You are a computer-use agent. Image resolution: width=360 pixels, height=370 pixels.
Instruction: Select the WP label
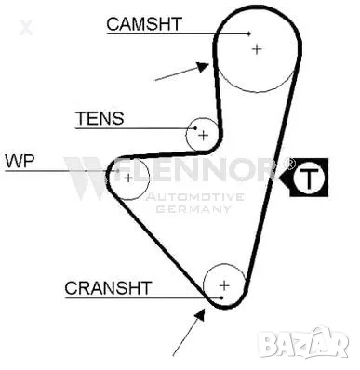point(20,160)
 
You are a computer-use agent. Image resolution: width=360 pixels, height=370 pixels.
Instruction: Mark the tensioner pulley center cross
point(202,136)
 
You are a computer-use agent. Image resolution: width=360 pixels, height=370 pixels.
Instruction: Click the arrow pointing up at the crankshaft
point(187,331)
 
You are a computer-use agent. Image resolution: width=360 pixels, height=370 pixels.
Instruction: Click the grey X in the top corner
point(26,27)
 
